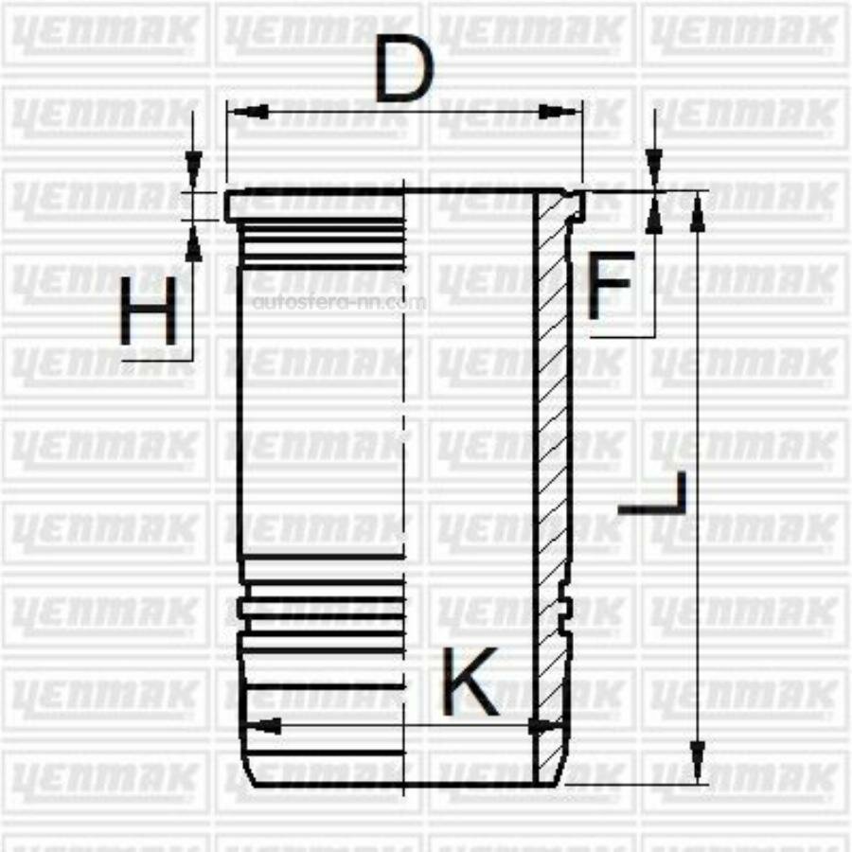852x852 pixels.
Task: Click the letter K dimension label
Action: point(470,682)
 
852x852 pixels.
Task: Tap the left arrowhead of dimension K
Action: point(263,727)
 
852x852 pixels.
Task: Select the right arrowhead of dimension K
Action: point(543,727)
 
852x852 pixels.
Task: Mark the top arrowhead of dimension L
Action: point(698,212)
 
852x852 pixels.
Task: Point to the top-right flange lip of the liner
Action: point(576,202)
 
